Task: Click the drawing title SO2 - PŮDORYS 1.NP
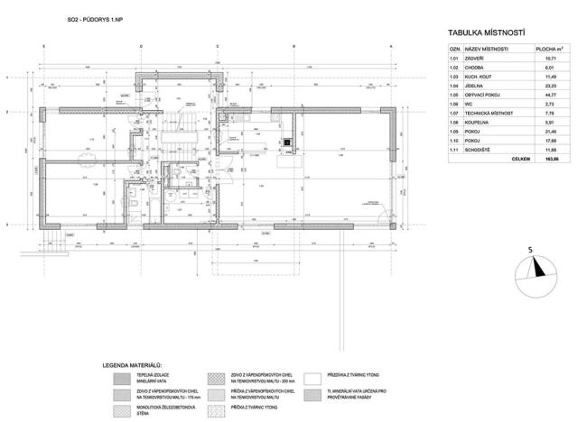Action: click(93, 18)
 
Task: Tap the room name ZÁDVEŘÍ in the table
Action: click(480, 59)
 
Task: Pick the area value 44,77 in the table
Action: click(551, 93)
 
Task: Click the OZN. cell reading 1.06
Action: click(456, 104)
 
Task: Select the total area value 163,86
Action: click(550, 160)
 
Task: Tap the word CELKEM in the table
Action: click(520, 160)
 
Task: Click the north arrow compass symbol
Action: click(534, 267)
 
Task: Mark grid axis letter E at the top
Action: click(43, 45)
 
